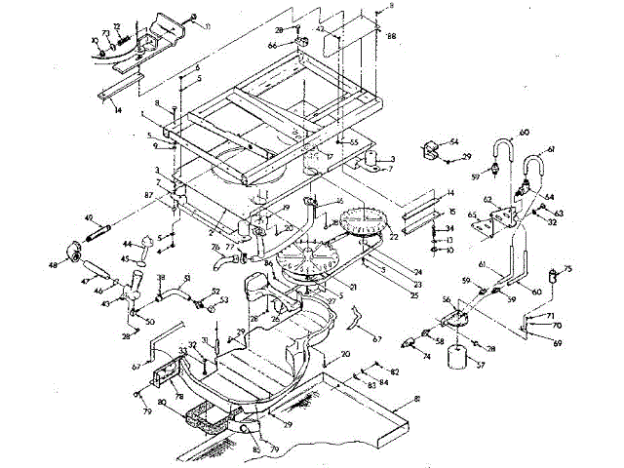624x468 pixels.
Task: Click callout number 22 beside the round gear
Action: tap(394, 236)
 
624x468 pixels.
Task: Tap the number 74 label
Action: tap(425, 357)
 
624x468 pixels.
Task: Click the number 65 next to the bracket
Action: tap(473, 214)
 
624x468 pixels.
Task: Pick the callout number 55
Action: tap(355, 143)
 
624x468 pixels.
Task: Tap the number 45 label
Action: tap(127, 259)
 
